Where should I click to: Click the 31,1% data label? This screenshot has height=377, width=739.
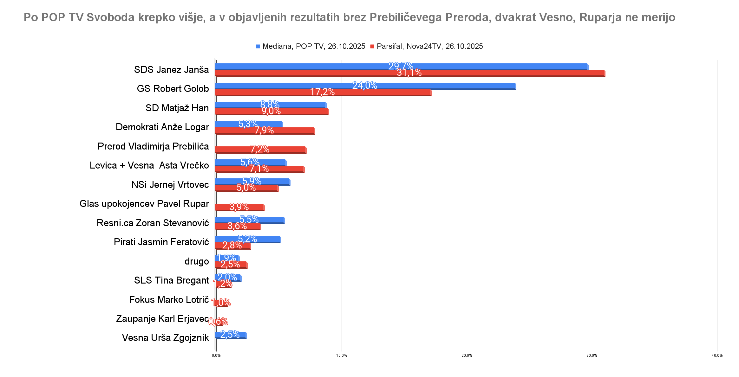tap(409, 73)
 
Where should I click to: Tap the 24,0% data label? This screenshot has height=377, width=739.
tap(365, 86)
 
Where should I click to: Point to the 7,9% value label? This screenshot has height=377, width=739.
tap(264, 130)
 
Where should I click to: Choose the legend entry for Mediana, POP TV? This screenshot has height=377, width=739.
tap(311, 46)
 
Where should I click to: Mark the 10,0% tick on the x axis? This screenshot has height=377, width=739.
tap(342, 355)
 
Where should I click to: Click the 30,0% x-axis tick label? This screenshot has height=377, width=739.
tap(592, 355)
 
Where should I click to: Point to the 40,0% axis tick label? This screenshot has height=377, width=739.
tap(717, 355)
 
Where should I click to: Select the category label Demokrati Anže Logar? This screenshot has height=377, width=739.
tap(162, 127)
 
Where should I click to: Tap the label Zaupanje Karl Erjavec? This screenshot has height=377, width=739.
tap(162, 319)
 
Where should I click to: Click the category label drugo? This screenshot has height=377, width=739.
tap(197, 261)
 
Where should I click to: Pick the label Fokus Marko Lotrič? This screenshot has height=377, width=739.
tap(169, 300)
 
